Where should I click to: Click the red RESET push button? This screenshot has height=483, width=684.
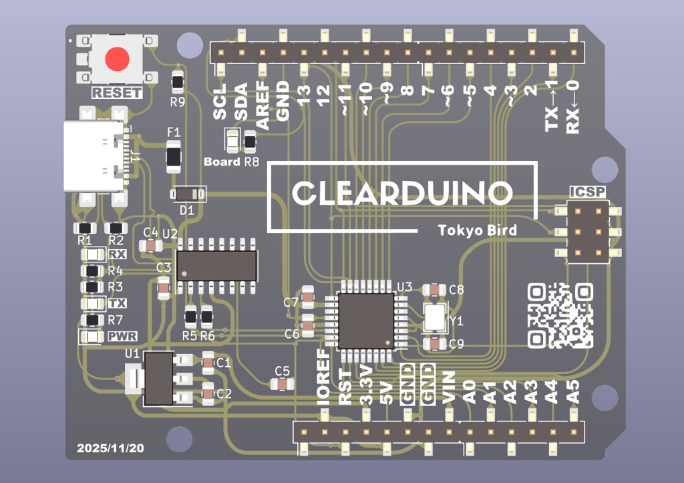[x=117, y=59]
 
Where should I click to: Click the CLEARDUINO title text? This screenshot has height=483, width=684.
[x=402, y=193]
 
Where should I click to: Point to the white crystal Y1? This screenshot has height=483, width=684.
[x=435, y=317]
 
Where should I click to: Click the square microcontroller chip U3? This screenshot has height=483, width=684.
[x=366, y=321]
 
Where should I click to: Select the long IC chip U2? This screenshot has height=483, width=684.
[x=216, y=265]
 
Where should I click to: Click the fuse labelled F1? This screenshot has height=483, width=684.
[x=174, y=155]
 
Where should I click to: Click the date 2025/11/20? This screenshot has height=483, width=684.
[x=110, y=448]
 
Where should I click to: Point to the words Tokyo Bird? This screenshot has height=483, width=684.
[x=477, y=230]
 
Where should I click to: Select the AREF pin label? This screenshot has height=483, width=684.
[x=262, y=105]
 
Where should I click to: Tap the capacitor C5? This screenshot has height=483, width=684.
[x=283, y=383]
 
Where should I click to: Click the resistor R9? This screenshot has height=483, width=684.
[x=178, y=83]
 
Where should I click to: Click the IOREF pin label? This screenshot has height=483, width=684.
[x=323, y=377]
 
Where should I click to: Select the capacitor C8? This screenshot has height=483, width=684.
[x=434, y=290]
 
